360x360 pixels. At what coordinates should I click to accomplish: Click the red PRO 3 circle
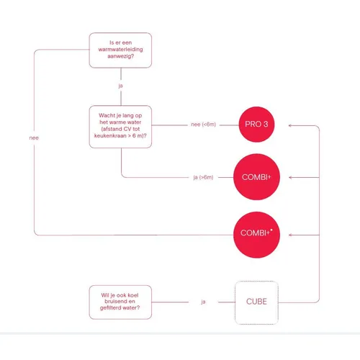pos(256,125)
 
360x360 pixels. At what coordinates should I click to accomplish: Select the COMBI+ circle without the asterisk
pos(256,177)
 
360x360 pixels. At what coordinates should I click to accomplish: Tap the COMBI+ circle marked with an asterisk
pos(256,235)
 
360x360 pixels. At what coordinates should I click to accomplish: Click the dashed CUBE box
pos(256,302)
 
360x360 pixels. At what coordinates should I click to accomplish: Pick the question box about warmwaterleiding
pos(120,50)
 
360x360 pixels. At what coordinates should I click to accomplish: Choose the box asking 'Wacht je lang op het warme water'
pos(120,127)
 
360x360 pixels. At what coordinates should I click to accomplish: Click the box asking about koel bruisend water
pos(120,302)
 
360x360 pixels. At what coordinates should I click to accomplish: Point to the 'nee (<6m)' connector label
pos(204,125)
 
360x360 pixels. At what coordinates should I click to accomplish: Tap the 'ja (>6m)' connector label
pos(203,177)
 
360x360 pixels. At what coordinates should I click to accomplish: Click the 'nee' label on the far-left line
pos(34,138)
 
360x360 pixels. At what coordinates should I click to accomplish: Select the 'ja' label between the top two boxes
pos(120,86)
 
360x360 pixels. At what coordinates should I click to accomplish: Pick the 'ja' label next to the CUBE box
pos(203,302)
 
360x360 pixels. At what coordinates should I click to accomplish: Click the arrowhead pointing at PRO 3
pos(290,125)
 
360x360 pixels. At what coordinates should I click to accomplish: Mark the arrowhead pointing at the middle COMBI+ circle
pos(290,177)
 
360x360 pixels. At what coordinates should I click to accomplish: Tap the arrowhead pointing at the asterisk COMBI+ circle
pos(290,235)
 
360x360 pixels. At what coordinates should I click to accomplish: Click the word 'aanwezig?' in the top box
pos(120,56)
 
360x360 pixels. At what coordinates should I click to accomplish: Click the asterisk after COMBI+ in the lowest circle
pos(271,230)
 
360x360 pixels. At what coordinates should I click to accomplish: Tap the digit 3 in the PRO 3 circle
pos(266,124)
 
